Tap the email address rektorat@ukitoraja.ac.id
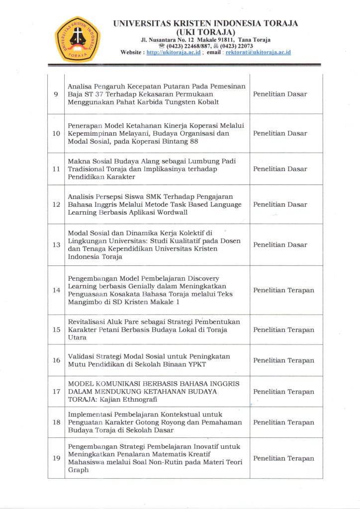tap(258, 52)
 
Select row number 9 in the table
tap(56, 94)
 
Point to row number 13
tap(56, 245)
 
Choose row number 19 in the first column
tap(56, 458)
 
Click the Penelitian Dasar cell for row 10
tap(280, 133)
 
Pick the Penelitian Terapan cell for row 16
tap(283, 360)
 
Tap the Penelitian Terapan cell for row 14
tap(283, 290)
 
